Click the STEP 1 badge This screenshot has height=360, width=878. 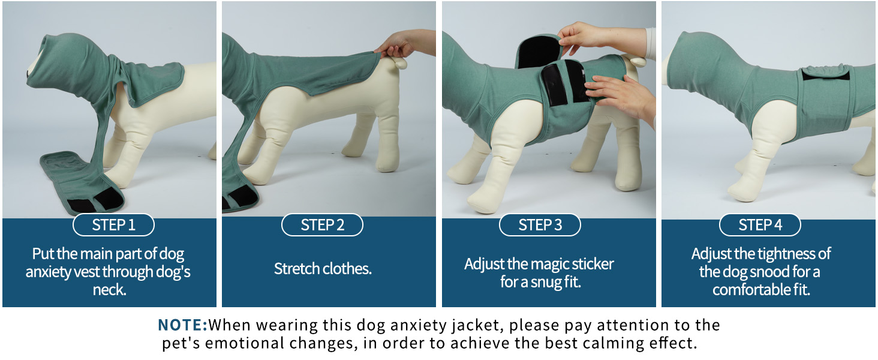coord(113,225)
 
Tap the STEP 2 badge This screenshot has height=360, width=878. coord(322,225)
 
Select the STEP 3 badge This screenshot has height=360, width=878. coord(540,225)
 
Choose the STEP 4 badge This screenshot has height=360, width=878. coord(760,225)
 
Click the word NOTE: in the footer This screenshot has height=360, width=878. coord(182,325)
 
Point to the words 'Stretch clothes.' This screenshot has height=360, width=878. coord(323,268)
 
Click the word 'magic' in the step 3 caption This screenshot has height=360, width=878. coord(548,264)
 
